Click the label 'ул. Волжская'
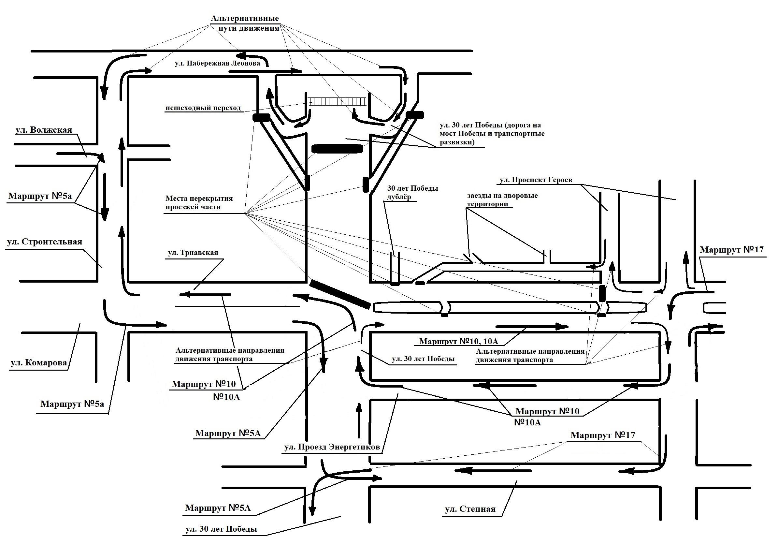click(44, 130)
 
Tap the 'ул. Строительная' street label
click(45, 242)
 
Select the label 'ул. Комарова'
click(39, 363)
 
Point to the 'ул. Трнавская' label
click(193, 253)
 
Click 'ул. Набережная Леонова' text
click(218, 63)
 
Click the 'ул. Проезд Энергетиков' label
click(332, 448)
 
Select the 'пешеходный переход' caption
click(203, 108)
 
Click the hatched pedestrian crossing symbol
click(337, 101)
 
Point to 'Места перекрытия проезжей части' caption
click(199, 203)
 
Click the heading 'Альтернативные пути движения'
click(245, 23)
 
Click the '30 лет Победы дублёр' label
click(413, 193)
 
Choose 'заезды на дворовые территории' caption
click(502, 200)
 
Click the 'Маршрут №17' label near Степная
click(603, 435)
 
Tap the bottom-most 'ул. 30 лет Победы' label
click(221, 529)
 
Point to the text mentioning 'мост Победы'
click(492, 134)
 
